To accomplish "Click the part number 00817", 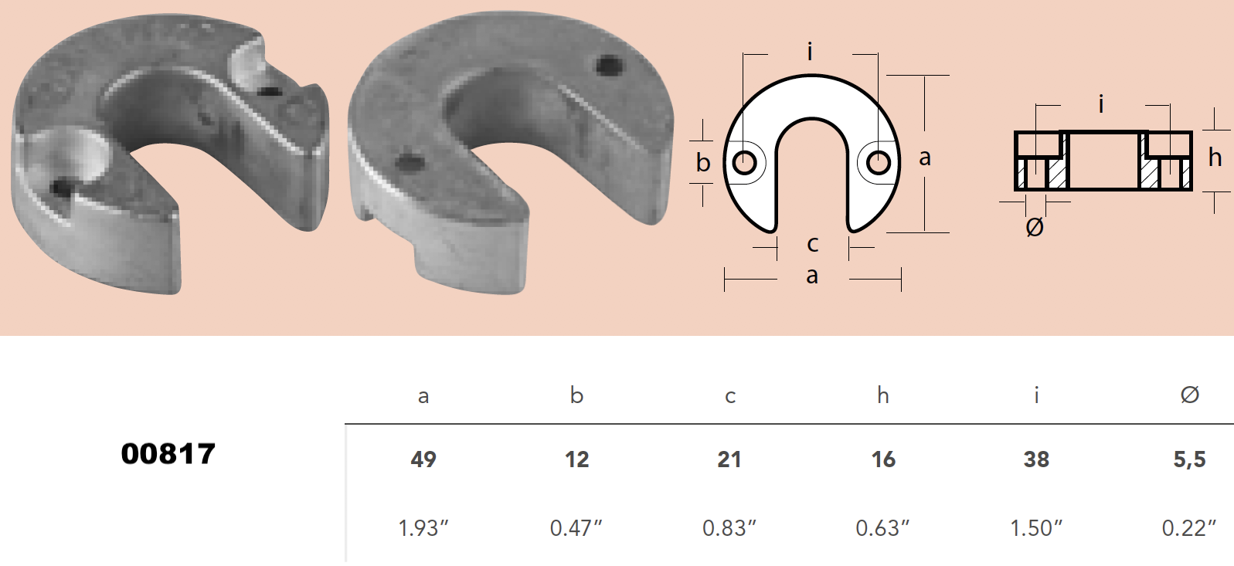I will (168, 454).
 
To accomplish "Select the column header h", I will (882, 396).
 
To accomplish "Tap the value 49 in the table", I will (423, 459).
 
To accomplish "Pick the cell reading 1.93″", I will (423, 528).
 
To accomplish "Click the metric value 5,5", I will (1189, 459).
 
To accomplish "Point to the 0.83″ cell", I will (729, 528).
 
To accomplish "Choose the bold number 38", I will (1036, 459).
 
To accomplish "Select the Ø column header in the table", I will (1189, 395).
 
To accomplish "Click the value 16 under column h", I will (883, 459).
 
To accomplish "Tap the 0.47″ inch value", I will (576, 528).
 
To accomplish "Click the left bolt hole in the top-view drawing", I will (745, 163).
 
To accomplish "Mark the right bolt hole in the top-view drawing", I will (879, 163).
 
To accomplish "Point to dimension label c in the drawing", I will (812, 244).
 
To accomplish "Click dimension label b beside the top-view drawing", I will (702, 163).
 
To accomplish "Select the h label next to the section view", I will (1215, 158).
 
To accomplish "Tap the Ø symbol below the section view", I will (1035, 227).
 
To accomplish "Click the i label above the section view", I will (1101, 103).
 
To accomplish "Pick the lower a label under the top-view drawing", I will (812, 276).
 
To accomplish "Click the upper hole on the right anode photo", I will (610, 65).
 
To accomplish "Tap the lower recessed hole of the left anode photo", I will (60, 186).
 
